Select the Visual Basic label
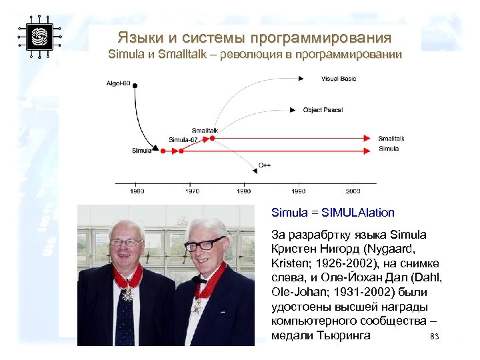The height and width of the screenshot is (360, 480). pyautogui.click(x=339, y=79)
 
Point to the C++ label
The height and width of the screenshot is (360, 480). pyautogui.click(x=265, y=165)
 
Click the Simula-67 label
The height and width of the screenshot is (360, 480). pyautogui.click(x=183, y=140)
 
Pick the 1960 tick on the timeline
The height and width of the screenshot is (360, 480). pyautogui.click(x=137, y=183)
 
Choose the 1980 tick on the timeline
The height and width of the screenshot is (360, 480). pyautogui.click(x=245, y=183)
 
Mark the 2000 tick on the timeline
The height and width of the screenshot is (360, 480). pyautogui.click(x=353, y=183)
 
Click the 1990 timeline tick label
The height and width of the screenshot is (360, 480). pyautogui.click(x=298, y=191)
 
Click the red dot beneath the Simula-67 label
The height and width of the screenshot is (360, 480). pyautogui.click(x=179, y=151)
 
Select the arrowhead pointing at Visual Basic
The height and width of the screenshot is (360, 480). pyautogui.click(x=301, y=79)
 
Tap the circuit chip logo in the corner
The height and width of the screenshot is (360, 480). pyautogui.click(x=39, y=36)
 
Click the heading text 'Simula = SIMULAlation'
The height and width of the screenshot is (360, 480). pyautogui.click(x=333, y=213)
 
